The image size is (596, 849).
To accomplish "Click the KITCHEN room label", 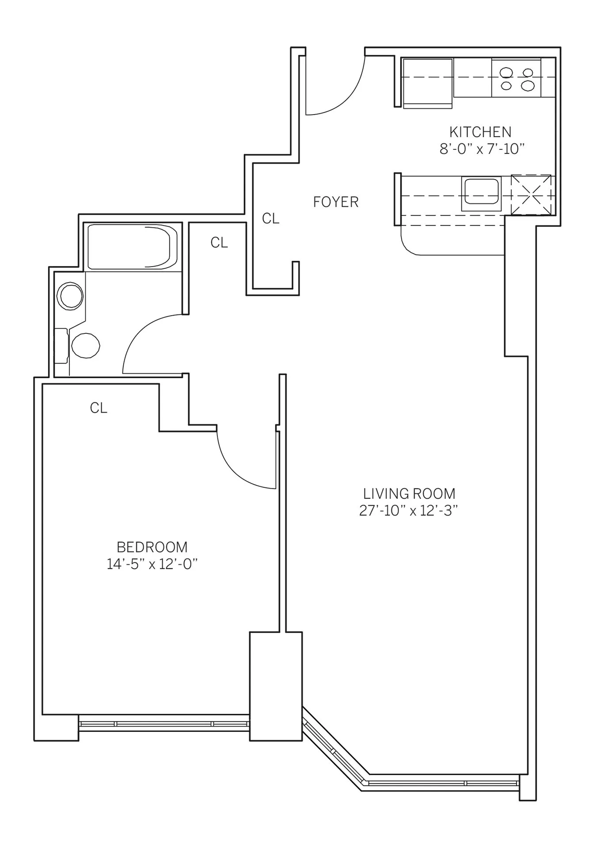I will [480, 132].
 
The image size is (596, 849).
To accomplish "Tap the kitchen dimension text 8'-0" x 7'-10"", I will [482, 149].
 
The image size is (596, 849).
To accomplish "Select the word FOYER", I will [335, 202].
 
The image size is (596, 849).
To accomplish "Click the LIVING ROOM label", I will [409, 493].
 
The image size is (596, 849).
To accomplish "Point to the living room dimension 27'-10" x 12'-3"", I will [408, 511].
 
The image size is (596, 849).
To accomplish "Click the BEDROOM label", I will [152, 547].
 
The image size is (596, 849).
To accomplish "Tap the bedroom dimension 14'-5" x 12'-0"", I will [152, 564].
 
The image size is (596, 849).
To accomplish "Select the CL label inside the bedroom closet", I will [99, 408].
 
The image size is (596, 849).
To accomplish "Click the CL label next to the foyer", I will [270, 218].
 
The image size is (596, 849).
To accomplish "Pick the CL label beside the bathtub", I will [219, 242].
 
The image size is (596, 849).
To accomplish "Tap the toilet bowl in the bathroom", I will [85, 345].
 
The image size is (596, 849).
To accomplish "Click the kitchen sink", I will [481, 193].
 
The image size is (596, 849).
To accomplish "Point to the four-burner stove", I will [516, 78].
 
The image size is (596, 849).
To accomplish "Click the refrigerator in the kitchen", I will [427, 83].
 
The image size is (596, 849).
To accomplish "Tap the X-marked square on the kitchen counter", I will [531, 195].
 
